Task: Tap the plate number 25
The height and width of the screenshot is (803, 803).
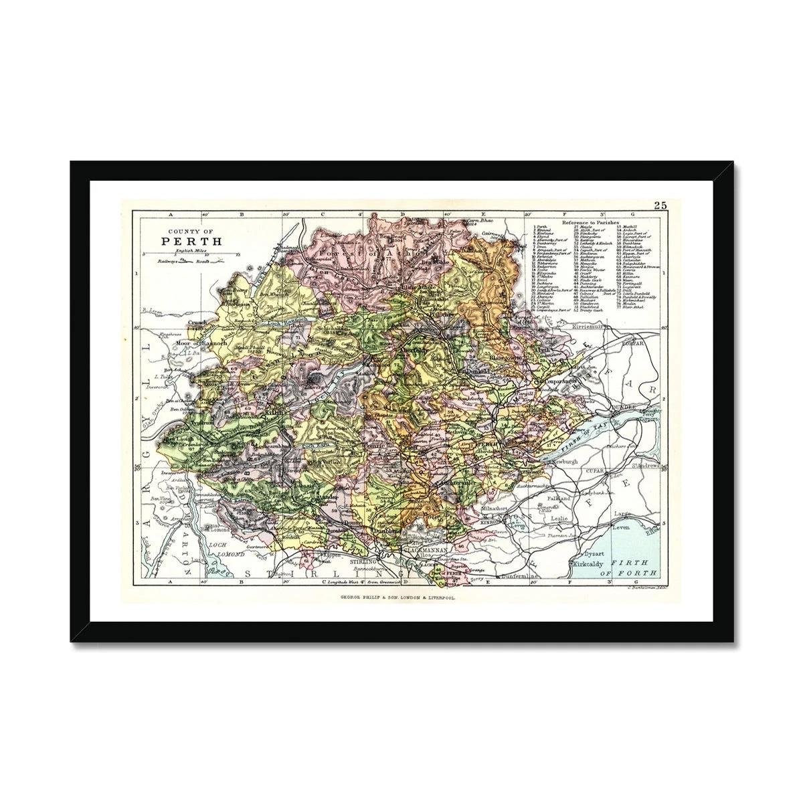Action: pyautogui.click(x=660, y=206)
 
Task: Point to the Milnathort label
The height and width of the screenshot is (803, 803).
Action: pyautogui.click(x=497, y=508)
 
